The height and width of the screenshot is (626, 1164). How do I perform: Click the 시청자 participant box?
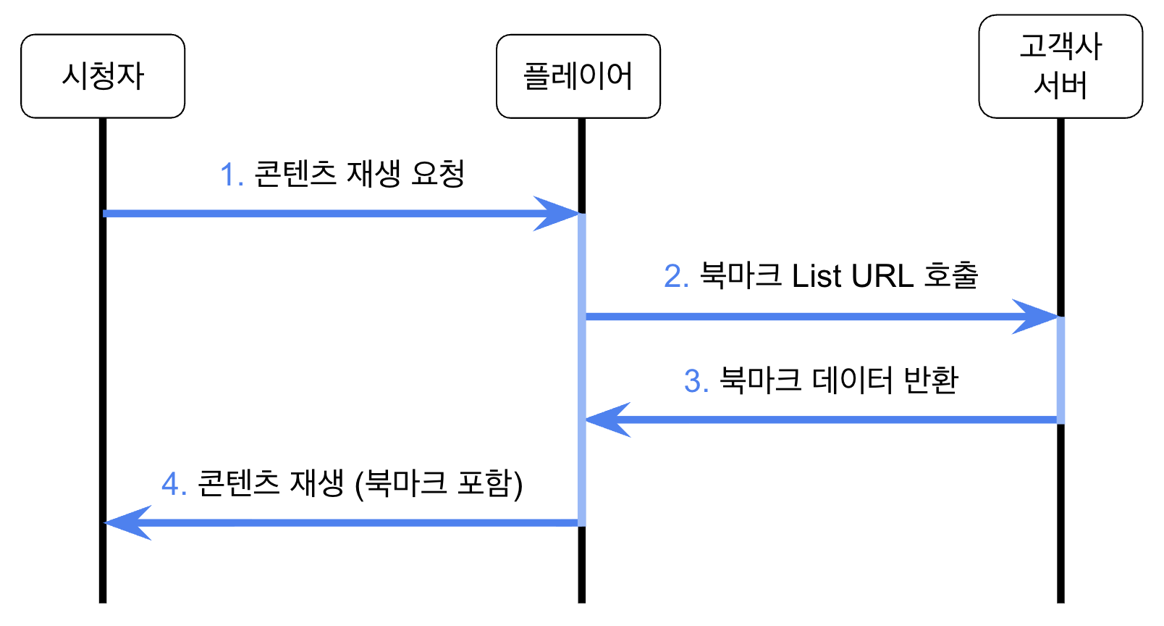click(103, 76)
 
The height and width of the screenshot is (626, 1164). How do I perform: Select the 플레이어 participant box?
click(578, 76)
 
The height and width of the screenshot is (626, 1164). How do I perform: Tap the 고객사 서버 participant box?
click(1060, 66)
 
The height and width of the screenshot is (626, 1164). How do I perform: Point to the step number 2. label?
click(676, 277)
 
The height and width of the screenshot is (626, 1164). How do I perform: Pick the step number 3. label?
click(696, 381)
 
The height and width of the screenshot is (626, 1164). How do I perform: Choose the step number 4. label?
click(174, 484)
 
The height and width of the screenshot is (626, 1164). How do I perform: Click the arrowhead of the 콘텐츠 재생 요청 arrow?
click(561, 214)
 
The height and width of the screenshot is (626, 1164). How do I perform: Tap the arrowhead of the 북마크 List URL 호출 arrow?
click(1039, 317)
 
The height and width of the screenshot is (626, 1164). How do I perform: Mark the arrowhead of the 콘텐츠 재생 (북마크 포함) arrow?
click(125, 522)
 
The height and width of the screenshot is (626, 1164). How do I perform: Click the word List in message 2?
click(817, 277)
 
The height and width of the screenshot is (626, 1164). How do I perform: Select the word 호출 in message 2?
click(950, 275)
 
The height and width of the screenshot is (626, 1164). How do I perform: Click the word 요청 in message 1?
click(437, 174)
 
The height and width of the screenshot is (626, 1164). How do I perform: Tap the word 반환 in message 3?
click(931, 380)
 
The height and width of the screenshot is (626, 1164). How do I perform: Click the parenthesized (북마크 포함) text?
click(439, 484)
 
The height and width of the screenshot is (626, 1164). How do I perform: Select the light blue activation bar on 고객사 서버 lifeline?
click(1060, 370)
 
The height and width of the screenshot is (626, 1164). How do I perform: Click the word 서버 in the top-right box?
click(1060, 85)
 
